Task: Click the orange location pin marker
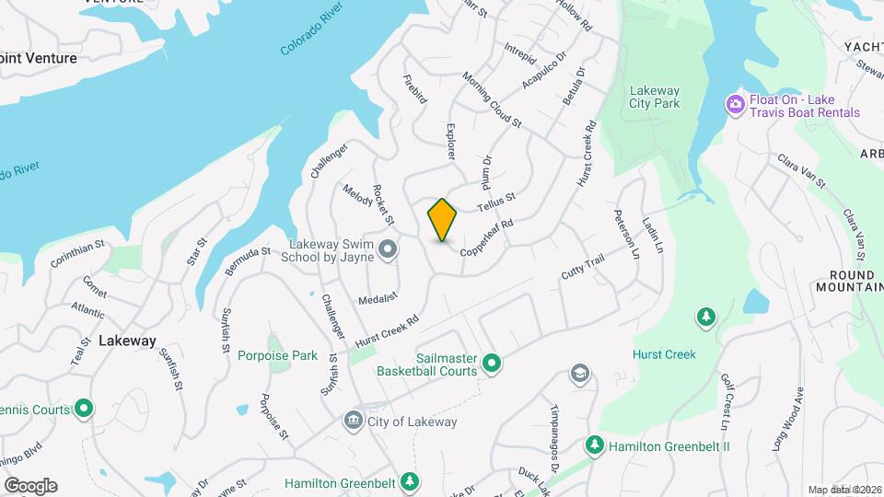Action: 443,219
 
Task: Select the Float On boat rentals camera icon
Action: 735,104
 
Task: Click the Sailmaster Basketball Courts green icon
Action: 492,364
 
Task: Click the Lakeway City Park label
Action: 654,97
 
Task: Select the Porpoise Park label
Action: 277,355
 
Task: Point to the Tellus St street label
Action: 495,202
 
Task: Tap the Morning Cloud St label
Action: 492,100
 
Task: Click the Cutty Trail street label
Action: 582,269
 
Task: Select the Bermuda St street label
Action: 247,260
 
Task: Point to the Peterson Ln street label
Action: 625,234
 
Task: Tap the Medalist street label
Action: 378,299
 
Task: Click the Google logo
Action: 30,486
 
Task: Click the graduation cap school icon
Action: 579,374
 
